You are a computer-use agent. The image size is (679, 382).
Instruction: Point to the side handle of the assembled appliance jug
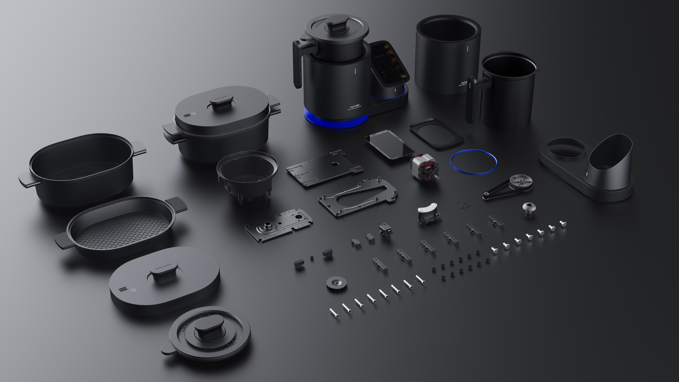coord(297,63)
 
